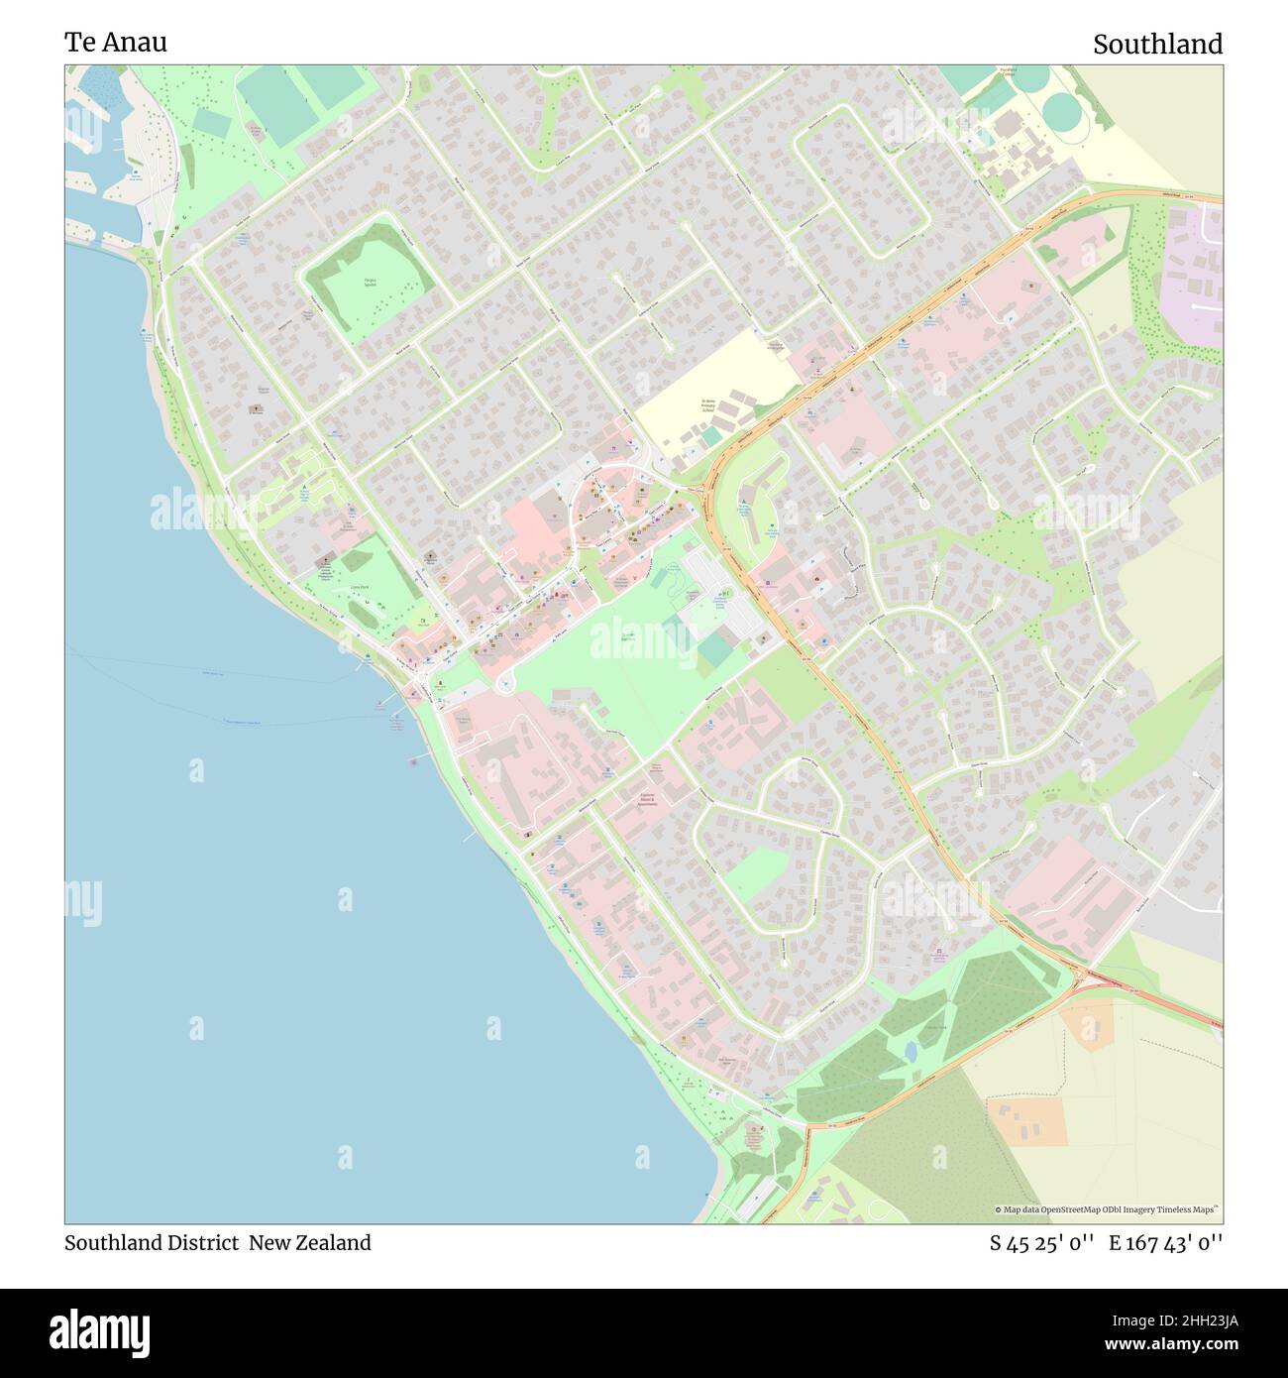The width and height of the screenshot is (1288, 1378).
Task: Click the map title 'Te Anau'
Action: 116,42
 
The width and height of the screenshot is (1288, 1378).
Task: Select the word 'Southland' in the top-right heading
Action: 1157,45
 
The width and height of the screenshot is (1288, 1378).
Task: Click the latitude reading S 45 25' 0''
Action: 1041,1243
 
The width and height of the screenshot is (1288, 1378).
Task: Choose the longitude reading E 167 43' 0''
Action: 1165,1243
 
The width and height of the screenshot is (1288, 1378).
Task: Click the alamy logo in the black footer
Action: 100,1332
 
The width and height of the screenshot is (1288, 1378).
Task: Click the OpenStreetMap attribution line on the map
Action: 1106,1209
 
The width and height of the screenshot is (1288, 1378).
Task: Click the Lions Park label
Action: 359,588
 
